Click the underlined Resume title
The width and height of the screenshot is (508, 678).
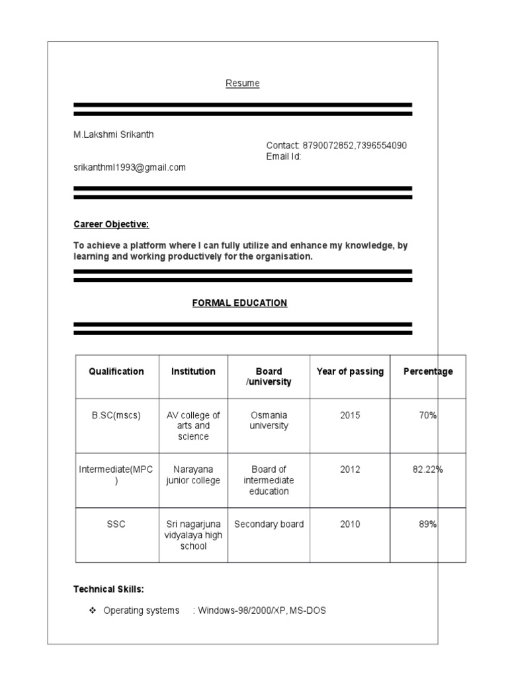tap(243, 83)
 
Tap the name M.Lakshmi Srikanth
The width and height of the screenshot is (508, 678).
tap(113, 134)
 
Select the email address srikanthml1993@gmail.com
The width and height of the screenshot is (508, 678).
tap(130, 168)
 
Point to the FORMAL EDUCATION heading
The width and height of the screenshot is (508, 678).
tap(239, 303)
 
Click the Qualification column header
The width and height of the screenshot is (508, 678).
tap(116, 371)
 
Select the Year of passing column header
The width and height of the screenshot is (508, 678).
tap(350, 371)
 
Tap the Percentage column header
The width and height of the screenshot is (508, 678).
tap(428, 371)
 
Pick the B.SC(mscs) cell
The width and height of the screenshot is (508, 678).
tap(116, 415)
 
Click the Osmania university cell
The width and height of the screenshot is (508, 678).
tap(269, 420)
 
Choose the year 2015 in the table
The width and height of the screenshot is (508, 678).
tap(350, 415)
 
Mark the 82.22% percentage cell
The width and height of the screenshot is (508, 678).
tap(427, 469)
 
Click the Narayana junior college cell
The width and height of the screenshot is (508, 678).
tap(192, 475)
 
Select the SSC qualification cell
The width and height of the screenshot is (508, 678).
tap(116, 524)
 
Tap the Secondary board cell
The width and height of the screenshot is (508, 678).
tap(269, 524)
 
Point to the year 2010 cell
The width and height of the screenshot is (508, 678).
tap(350, 524)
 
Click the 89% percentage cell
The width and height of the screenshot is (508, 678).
tap(427, 524)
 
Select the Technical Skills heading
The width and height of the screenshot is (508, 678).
tap(108, 589)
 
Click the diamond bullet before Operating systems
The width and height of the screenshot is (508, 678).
tap(93, 610)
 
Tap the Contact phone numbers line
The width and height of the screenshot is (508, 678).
tap(336, 146)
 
